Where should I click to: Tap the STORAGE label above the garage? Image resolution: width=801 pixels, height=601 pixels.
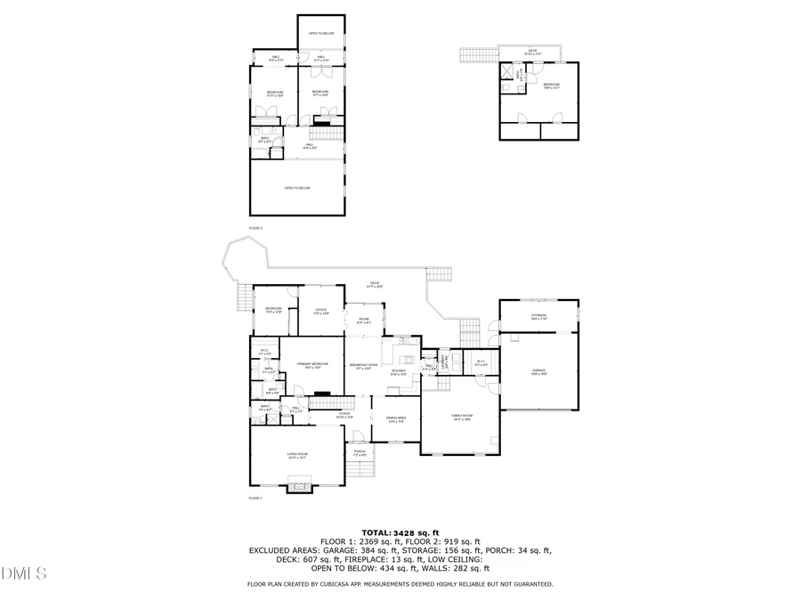[539, 317]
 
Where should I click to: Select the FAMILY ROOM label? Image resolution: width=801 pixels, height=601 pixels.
[462, 417]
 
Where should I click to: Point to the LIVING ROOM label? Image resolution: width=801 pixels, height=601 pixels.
[296, 456]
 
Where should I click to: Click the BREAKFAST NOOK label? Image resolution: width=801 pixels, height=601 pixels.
[363, 366]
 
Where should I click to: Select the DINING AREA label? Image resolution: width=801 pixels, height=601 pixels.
[396, 418]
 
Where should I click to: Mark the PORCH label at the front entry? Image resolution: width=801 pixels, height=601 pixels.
[360, 453]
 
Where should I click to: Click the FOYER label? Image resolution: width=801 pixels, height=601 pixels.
[344, 415]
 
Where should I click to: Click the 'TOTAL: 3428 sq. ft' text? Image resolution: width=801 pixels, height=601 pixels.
[400, 532]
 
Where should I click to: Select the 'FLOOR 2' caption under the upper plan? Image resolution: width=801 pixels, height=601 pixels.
[255, 228]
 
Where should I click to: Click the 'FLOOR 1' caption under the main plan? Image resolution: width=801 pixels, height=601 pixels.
[255, 498]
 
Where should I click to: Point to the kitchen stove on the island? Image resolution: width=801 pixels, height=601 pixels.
[404, 342]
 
